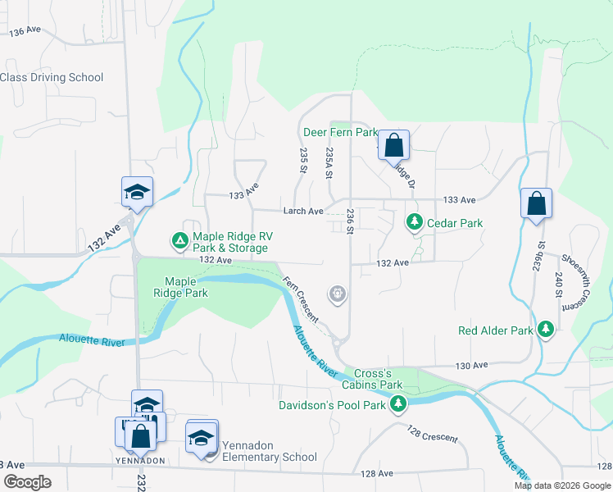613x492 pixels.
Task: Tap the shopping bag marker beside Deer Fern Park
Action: coord(393,145)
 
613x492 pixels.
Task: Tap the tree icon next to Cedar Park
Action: coord(415,222)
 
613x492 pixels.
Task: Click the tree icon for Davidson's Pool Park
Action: coord(398,404)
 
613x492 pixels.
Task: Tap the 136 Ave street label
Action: coord(25,31)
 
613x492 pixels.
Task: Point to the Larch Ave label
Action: coord(303,211)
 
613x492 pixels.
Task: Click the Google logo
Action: coord(27,482)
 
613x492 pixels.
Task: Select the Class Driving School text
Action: coord(52,77)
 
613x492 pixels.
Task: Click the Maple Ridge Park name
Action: coord(186,287)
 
